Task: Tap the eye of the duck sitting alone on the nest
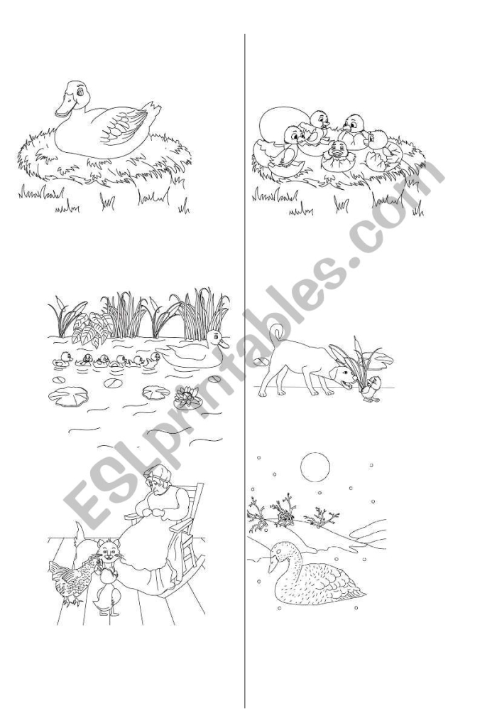pyautogui.click(x=80, y=92)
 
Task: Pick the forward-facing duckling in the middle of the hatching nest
pyautogui.click(x=337, y=151)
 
